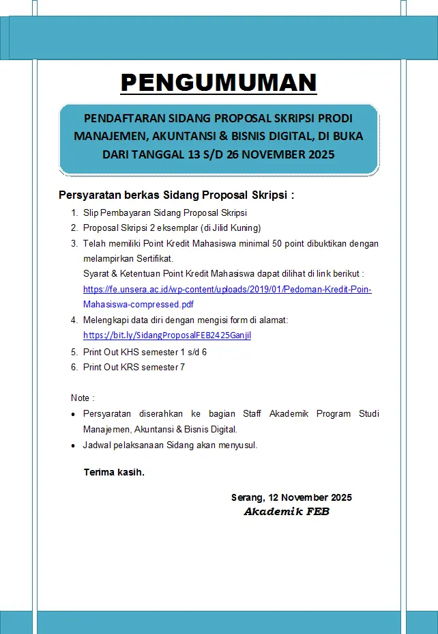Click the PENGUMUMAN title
(x=218, y=83)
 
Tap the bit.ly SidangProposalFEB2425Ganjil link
(x=167, y=335)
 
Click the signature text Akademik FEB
(x=287, y=512)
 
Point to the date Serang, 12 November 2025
(x=291, y=497)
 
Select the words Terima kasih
(x=113, y=472)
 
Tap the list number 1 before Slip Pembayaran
(x=74, y=213)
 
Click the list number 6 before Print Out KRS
(x=74, y=367)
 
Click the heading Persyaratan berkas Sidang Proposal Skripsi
(x=176, y=195)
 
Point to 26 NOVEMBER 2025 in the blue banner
(x=279, y=154)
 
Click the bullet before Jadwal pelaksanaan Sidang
(x=74, y=445)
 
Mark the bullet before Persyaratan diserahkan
(x=74, y=415)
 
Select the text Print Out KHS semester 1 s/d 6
(x=145, y=352)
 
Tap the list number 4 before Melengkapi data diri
(x=74, y=320)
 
